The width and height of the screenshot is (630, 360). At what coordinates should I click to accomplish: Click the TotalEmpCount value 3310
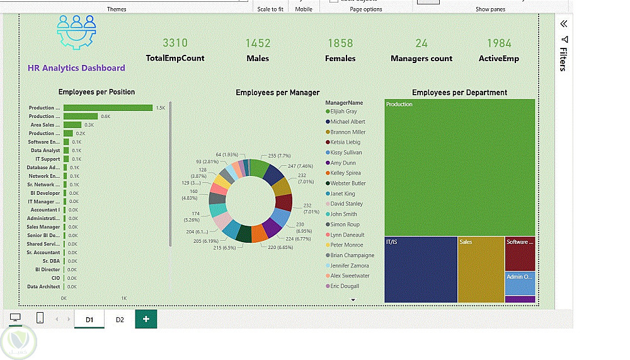tap(175, 43)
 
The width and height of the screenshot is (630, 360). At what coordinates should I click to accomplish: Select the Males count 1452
tap(258, 43)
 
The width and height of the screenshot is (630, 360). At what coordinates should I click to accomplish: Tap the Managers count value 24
tap(421, 43)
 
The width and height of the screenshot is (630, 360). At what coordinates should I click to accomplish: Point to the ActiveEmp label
tap(499, 59)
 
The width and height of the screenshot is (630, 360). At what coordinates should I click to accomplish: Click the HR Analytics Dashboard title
tap(76, 68)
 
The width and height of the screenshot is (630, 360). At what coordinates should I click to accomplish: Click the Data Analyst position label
tap(45, 151)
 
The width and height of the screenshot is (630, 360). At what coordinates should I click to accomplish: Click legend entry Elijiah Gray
tap(343, 112)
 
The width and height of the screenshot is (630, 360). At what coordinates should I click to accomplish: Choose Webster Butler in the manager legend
tap(348, 183)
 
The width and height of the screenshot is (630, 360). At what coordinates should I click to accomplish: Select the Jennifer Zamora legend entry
tap(350, 265)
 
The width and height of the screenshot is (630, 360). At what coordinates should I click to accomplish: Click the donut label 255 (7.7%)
tap(279, 156)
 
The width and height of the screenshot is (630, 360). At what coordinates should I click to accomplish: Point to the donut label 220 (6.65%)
tap(280, 248)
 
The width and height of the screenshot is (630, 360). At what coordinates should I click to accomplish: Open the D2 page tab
tap(120, 320)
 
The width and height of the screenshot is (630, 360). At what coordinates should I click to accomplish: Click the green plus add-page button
tap(146, 319)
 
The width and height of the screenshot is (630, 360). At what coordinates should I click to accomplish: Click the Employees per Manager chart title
tap(277, 93)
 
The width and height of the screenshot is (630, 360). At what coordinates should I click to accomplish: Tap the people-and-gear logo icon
tap(77, 32)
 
